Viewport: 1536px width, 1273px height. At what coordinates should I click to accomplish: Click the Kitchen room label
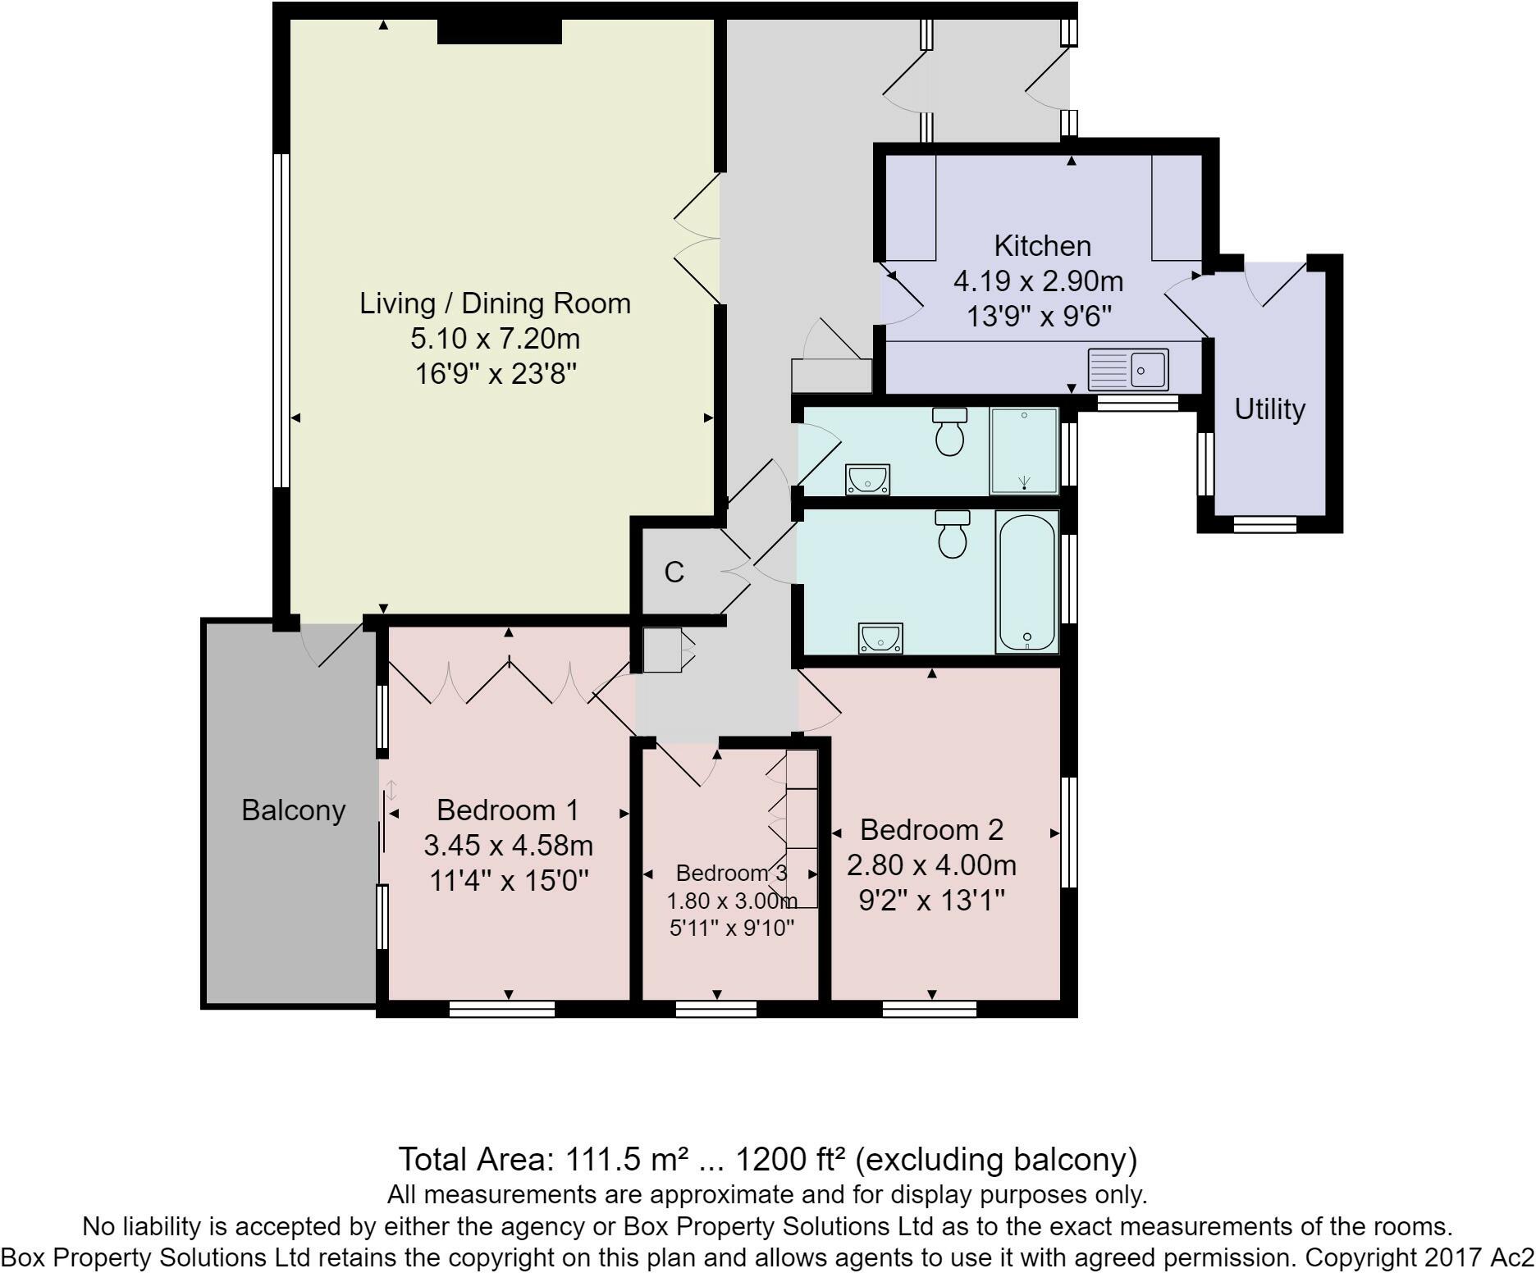click(x=1042, y=246)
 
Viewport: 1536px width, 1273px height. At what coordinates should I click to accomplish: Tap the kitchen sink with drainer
click(x=1127, y=369)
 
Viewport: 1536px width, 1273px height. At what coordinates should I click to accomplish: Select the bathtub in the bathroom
click(x=1026, y=582)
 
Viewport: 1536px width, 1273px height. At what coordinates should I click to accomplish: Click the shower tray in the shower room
click(x=1024, y=451)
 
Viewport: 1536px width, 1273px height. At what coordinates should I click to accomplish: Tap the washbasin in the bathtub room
click(x=880, y=638)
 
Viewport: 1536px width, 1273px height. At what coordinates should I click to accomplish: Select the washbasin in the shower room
click(x=868, y=479)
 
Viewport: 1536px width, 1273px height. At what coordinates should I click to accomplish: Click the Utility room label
click(x=1269, y=409)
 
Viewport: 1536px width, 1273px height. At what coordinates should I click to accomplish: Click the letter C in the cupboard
click(x=674, y=573)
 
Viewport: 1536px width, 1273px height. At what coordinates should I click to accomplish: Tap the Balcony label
click(x=293, y=810)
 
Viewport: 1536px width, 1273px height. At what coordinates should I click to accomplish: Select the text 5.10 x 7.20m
click(x=495, y=339)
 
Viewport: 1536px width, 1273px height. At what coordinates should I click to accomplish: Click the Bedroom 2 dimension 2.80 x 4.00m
click(x=931, y=865)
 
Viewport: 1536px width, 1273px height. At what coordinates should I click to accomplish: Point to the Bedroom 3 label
click(x=731, y=874)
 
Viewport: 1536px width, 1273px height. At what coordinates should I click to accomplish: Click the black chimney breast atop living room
click(x=499, y=31)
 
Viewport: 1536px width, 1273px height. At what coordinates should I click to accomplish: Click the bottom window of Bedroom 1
click(x=502, y=1009)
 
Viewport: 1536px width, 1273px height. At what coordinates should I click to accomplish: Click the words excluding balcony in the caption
click(x=996, y=1160)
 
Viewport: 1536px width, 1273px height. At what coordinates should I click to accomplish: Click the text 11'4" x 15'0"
click(x=509, y=881)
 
